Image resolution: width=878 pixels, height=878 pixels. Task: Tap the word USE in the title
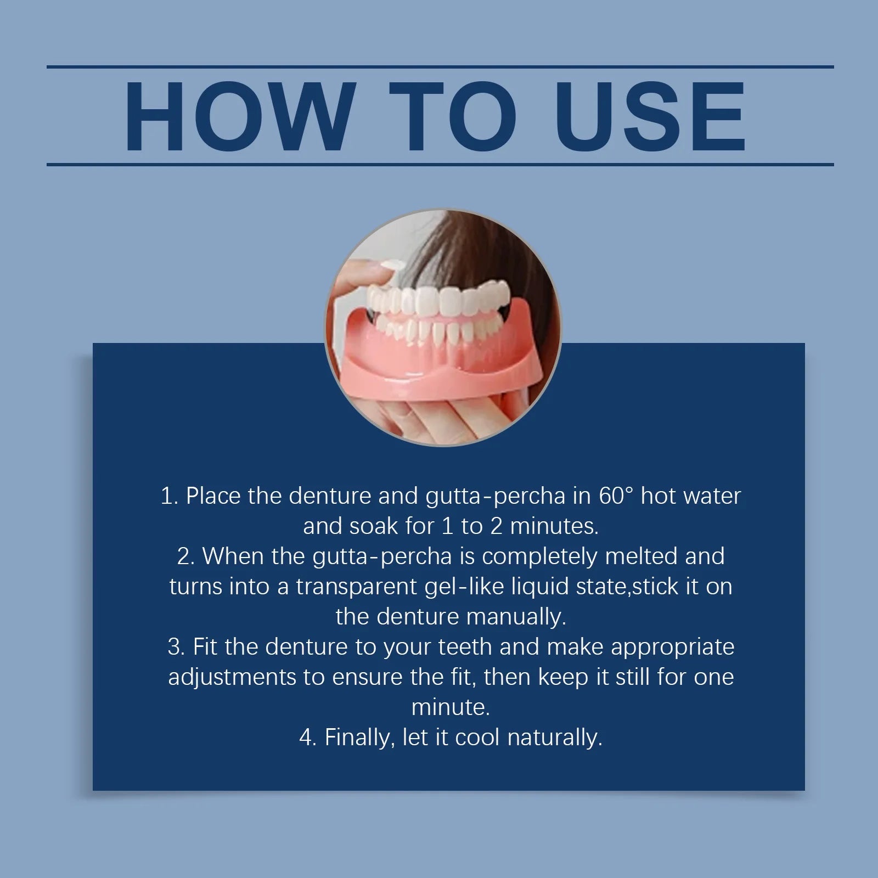[x=653, y=116]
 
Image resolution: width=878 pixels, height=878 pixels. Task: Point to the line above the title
[x=439, y=67]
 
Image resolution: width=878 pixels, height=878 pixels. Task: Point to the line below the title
[x=439, y=164]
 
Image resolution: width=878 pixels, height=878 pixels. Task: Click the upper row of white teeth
[x=434, y=301]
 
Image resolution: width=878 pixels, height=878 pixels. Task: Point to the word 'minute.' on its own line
[x=450, y=707]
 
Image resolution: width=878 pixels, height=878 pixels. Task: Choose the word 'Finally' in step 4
[x=359, y=738]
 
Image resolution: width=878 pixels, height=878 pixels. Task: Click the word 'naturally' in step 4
[x=555, y=738]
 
